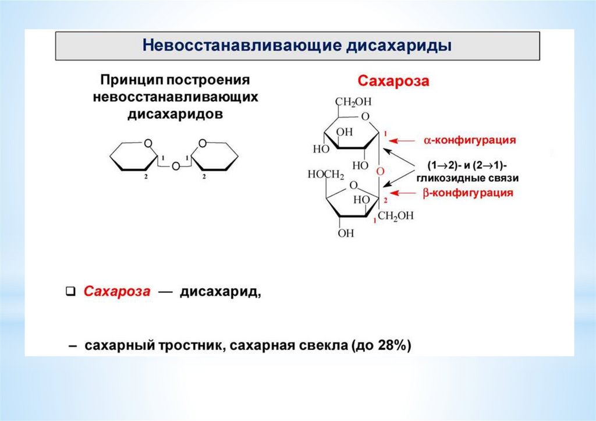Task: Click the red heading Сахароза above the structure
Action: [x=393, y=81]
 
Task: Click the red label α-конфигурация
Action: [x=470, y=140]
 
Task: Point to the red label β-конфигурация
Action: [x=469, y=193]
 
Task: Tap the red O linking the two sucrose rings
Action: [x=380, y=171]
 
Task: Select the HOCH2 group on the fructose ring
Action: [x=327, y=175]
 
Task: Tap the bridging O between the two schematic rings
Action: [x=175, y=167]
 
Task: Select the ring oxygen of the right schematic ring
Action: [x=202, y=143]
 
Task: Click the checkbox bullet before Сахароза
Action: [x=69, y=291]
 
